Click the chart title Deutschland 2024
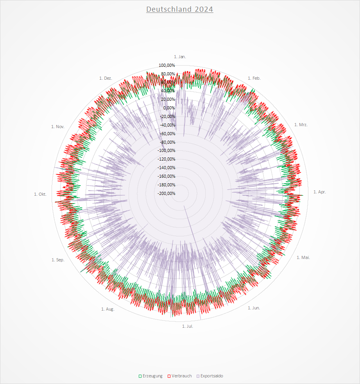[180, 9]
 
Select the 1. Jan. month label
[180, 57]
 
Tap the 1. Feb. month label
[254, 78]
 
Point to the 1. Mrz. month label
[301, 125]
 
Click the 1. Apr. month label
[319, 192]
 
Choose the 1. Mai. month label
[303, 257]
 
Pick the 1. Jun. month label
[254, 308]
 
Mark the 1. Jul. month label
[188, 326]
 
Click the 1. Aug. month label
[108, 309]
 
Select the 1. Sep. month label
[58, 260]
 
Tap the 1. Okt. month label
[40, 194]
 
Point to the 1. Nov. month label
[58, 126]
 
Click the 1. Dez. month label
[106, 78]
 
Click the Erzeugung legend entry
[150, 376]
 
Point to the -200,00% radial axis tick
[167, 194]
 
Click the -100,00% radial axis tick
[167, 151]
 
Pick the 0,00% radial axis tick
[169, 108]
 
